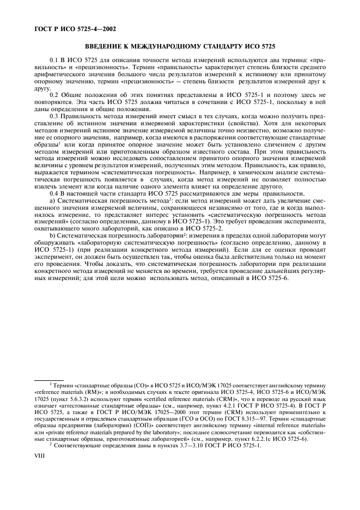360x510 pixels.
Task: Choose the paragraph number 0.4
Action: (x=53, y=195)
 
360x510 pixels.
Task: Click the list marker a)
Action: (x=52, y=201)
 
